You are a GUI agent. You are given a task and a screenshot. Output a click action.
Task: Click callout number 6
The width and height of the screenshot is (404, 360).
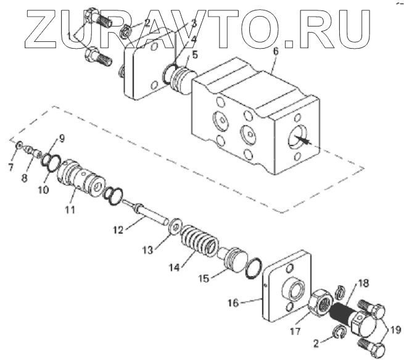tap(276, 51)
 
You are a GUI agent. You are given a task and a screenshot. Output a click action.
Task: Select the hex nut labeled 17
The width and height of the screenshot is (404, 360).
tap(321, 302)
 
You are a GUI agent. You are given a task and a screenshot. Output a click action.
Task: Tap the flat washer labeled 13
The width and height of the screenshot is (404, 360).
tap(176, 226)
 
